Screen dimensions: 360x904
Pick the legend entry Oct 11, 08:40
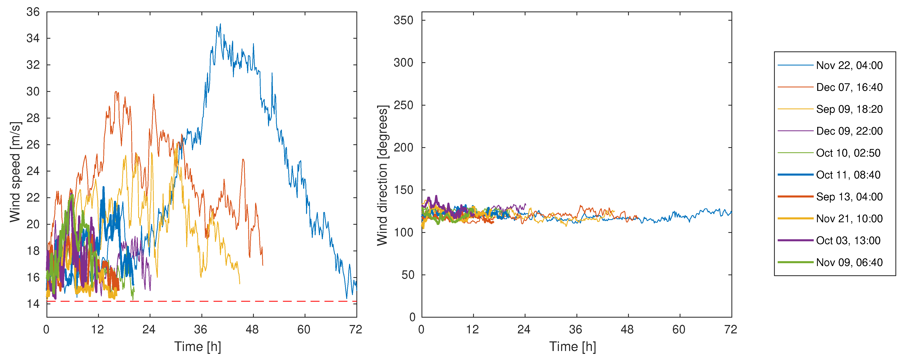(848, 175)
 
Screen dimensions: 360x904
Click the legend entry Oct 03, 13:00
(848, 240)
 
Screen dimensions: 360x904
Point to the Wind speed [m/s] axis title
(15, 172)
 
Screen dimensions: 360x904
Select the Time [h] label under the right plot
(573, 347)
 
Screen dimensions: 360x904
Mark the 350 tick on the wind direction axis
(403, 20)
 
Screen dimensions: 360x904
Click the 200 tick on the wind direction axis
(403, 148)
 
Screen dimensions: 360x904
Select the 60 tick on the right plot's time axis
(679, 330)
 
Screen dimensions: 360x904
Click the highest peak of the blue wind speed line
(220, 24)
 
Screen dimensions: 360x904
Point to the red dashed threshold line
(211, 301)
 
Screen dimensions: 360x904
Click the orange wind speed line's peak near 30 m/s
(116, 92)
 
